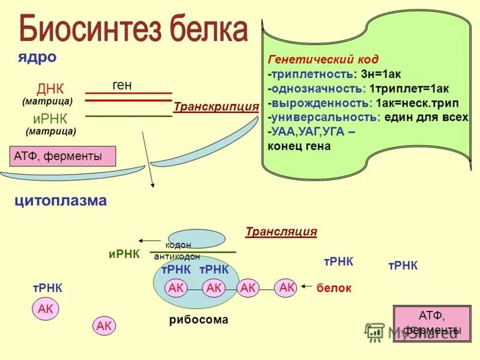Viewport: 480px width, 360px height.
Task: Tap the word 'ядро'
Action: [x=37, y=57]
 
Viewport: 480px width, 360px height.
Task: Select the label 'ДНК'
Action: [x=50, y=89]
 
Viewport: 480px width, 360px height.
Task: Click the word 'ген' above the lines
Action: [x=122, y=86]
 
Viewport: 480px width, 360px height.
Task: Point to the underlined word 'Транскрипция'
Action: [x=215, y=107]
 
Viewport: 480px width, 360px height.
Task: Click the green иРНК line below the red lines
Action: [x=128, y=116]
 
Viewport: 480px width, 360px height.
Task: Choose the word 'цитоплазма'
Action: [x=61, y=200]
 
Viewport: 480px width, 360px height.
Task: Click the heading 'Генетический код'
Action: [x=323, y=59]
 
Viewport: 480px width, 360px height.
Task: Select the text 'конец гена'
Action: [x=299, y=146]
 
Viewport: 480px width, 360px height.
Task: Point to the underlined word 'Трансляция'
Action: [x=281, y=232]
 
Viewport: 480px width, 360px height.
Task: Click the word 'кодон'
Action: [x=178, y=245]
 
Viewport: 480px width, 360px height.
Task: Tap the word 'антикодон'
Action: [x=177, y=256]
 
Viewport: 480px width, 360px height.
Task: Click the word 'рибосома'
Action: [x=199, y=320]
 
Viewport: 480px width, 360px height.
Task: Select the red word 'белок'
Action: [x=334, y=288]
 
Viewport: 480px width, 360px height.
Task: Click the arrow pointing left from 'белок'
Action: [x=307, y=287]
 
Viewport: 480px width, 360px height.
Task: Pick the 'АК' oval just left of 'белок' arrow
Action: [x=286, y=288]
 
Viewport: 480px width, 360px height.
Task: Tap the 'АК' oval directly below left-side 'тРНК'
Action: [x=46, y=309]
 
